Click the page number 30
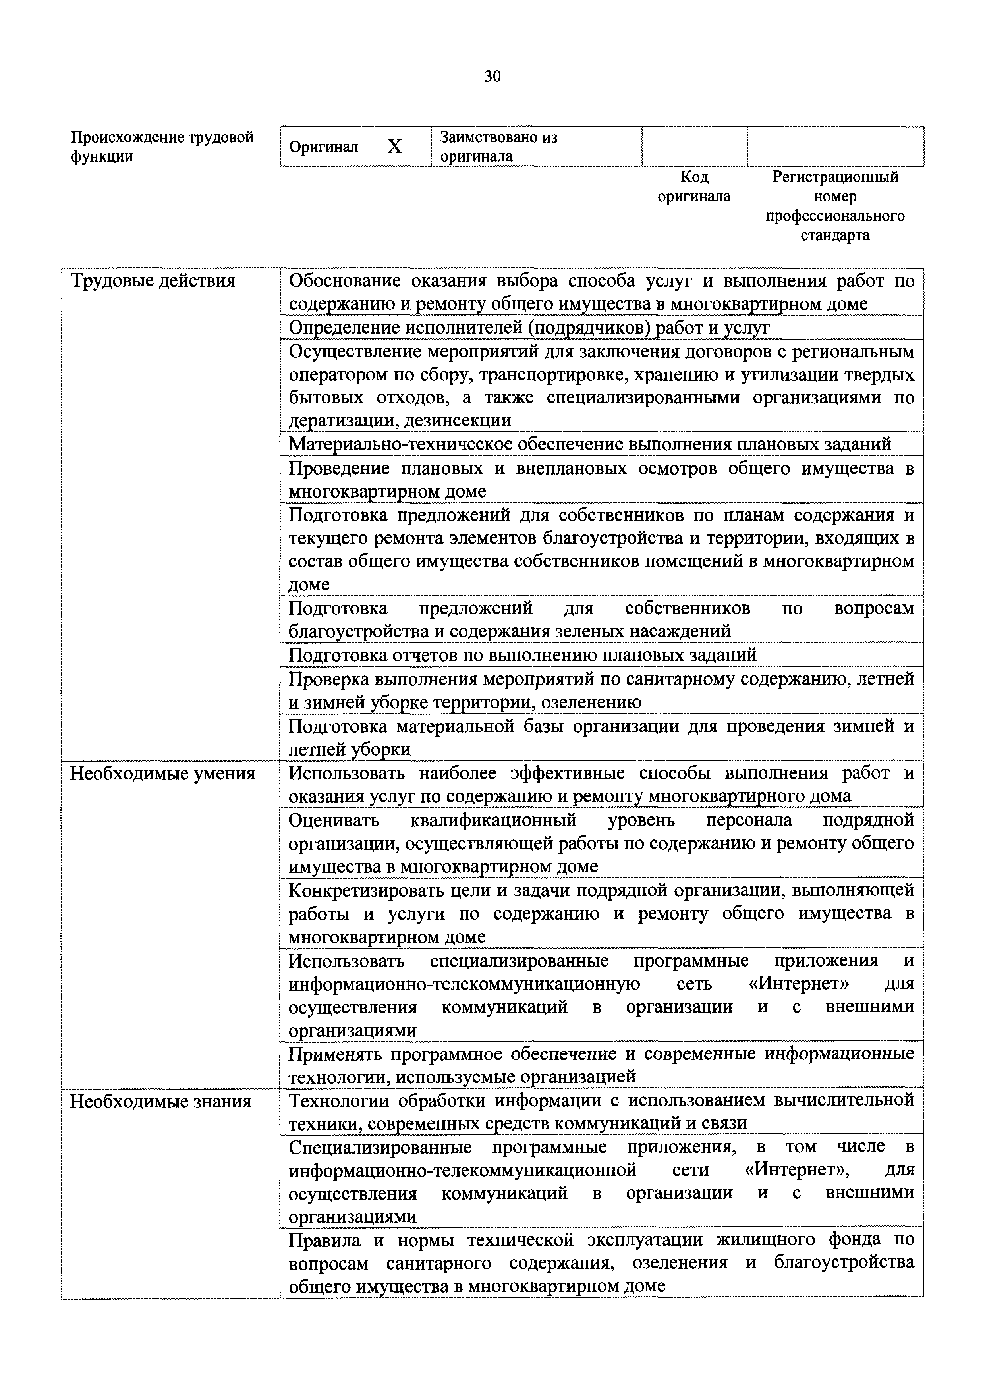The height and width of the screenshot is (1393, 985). pos(492,77)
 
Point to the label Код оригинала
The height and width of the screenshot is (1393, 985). pos(694,186)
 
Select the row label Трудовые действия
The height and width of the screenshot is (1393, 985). pos(153,281)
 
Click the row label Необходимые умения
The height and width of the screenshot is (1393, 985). pos(163,774)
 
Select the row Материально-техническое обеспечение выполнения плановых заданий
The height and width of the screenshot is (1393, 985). pos(589,444)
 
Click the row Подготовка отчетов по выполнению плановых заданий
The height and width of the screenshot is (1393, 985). pos(522,655)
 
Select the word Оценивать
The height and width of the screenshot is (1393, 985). pos(333,820)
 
